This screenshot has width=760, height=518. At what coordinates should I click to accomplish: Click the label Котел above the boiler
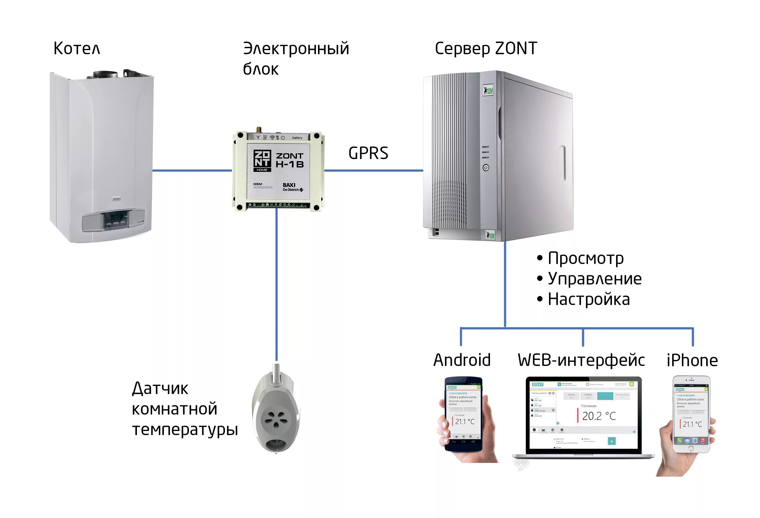pyautogui.click(x=77, y=48)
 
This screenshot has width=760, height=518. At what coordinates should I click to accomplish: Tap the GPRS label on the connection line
pyautogui.click(x=368, y=153)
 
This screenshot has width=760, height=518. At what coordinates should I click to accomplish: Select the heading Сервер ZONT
pyautogui.click(x=486, y=48)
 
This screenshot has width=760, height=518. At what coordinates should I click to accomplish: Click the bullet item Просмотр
pyautogui.click(x=585, y=258)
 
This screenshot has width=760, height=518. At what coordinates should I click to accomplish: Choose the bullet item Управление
pyautogui.click(x=594, y=279)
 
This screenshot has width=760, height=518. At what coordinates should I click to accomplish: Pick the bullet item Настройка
pyautogui.click(x=588, y=299)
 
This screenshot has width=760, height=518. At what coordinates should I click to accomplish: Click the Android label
pyautogui.click(x=462, y=360)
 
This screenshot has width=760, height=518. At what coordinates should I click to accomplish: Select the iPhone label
pyautogui.click(x=692, y=360)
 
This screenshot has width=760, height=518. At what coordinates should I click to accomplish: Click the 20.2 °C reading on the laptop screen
pyautogui.click(x=599, y=416)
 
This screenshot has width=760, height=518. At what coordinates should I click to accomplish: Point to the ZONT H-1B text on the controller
pyautogui.click(x=289, y=160)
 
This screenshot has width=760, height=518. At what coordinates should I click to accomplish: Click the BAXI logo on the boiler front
pyautogui.click(x=116, y=199)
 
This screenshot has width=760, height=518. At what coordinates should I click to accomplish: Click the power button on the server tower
pyautogui.click(x=486, y=168)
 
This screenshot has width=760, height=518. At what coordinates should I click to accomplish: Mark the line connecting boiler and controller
pyautogui.click(x=192, y=170)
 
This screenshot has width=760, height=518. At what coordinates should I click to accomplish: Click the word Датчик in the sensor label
pyautogui.click(x=160, y=389)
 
